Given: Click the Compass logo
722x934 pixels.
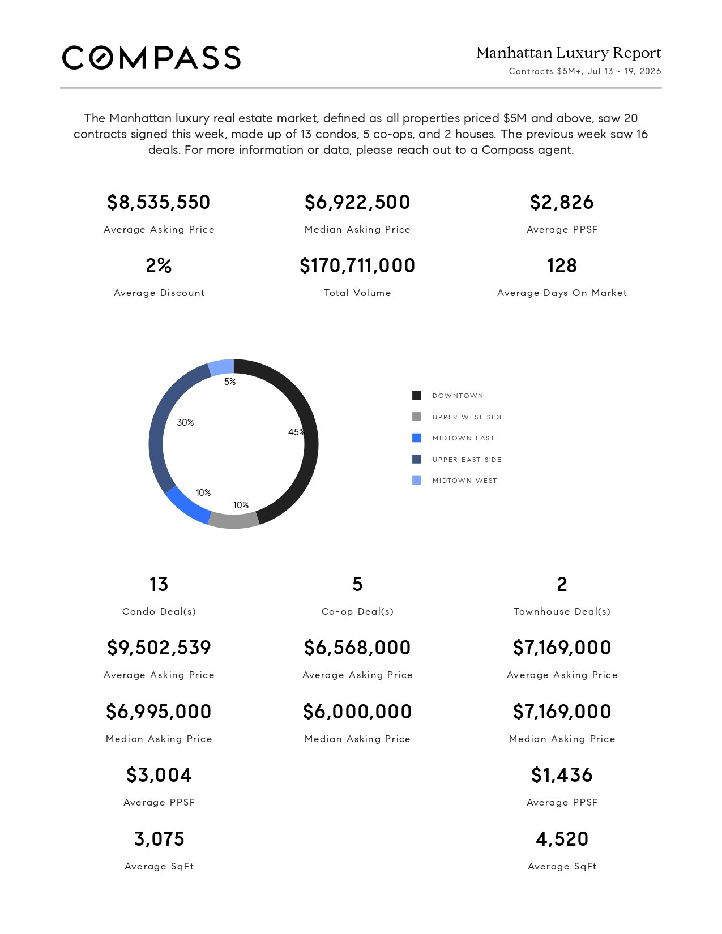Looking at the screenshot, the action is click(151, 58).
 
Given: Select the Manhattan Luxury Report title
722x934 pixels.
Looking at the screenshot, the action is click(569, 53).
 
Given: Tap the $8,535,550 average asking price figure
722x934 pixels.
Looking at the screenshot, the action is click(159, 202).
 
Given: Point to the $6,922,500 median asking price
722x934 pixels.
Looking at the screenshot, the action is click(357, 202).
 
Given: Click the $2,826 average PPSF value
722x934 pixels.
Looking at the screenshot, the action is click(562, 202).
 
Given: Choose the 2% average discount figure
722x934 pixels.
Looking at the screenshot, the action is click(159, 265).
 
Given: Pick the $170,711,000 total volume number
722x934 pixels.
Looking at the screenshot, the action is click(357, 265).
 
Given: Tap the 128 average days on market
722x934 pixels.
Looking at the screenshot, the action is click(562, 265).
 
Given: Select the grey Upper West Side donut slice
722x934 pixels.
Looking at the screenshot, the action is click(233, 521).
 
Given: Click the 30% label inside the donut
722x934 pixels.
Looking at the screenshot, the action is click(185, 422).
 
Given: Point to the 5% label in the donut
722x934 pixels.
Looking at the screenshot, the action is click(230, 382).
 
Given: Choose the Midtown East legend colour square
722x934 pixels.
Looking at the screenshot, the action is click(417, 438).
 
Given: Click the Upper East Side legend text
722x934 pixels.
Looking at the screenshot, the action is click(467, 460).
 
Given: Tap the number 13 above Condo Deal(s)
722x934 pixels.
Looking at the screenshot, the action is click(159, 584).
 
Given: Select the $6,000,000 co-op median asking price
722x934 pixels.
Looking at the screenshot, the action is click(357, 712).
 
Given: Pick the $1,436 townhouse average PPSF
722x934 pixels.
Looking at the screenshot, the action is click(562, 776).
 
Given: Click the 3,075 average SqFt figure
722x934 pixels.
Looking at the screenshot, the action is click(159, 839).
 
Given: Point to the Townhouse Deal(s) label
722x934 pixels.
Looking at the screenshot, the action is click(562, 612).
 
